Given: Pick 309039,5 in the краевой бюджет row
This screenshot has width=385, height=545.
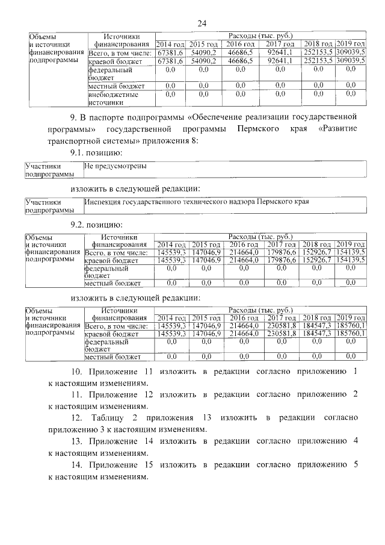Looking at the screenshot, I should (351, 61).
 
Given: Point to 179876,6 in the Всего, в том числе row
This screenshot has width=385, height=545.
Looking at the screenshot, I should (280, 252).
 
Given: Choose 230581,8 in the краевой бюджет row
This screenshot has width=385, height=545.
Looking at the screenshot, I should (280, 332).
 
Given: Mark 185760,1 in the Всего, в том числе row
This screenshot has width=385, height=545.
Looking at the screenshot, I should (351, 325).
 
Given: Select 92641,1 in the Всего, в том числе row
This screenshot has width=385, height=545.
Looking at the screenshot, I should (280, 53).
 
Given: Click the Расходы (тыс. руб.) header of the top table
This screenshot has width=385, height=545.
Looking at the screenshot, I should (260, 36).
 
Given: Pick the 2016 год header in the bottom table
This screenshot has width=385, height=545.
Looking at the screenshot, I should (243, 317).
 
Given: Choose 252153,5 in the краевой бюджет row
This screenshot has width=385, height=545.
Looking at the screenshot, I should (318, 61).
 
